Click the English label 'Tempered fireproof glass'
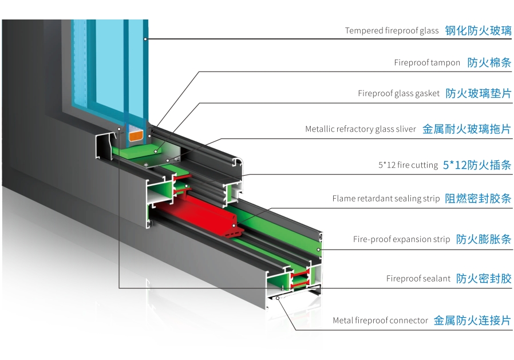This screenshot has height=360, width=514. coord(392,31)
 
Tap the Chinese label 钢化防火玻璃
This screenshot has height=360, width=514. coord(478,31)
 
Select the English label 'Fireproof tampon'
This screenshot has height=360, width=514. coord(427,63)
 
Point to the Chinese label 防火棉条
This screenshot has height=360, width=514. coord(489,63)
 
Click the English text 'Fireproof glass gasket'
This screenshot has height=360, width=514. coord(398,93)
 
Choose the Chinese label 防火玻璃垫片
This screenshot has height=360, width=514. coord(478,93)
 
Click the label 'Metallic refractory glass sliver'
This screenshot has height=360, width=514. coord(361,129)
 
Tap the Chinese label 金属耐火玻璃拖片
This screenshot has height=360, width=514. coord(466,129)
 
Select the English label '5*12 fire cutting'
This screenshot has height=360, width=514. coord(408,165)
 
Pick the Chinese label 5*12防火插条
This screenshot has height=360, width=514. coord(477,165)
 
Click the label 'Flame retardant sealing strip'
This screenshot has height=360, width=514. coord(386,199)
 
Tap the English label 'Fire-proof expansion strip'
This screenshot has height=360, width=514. coord(401,239)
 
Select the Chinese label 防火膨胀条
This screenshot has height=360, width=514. coord(484,239)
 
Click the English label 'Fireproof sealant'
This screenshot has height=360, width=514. coord(418,279)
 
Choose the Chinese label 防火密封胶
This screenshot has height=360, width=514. coord(484,279)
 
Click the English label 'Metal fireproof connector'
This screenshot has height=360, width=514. coord(380,321)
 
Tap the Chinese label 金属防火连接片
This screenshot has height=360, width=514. coord(472,321)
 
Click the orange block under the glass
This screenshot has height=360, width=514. coord(136,135)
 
